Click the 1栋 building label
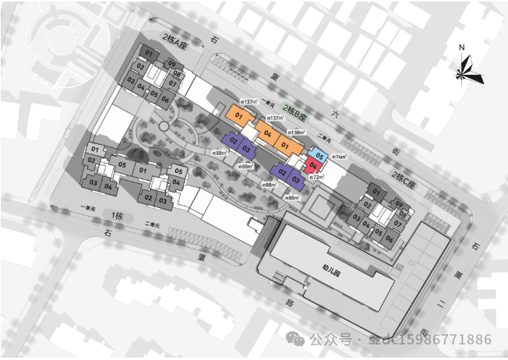tap(117, 215)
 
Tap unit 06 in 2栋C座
tap(389, 239)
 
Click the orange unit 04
tap(267, 133)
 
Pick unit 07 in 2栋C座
tap(397, 224)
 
